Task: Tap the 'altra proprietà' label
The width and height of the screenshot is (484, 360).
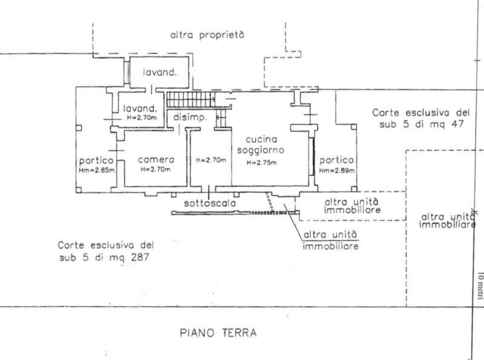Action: point(207,35)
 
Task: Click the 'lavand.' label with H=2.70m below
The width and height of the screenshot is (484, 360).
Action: point(140,109)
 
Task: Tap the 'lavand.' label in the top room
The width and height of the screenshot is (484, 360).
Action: point(159,73)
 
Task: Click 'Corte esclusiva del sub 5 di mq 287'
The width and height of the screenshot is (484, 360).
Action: point(106,251)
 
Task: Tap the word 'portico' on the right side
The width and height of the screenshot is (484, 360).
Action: point(338,160)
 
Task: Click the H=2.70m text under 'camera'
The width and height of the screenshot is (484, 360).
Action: point(155,169)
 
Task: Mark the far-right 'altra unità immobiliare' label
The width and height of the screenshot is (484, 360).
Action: point(446,221)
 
